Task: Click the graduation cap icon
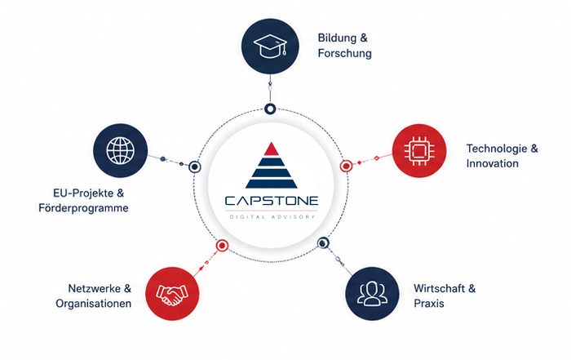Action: tap(270, 46)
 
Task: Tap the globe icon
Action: tap(120, 150)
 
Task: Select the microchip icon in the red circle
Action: tap(419, 150)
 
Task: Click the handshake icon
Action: tap(172, 294)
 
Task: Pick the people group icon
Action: tap(372, 293)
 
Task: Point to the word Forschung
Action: tap(345, 53)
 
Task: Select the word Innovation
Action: tap(493, 163)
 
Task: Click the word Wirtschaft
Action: tap(439, 289)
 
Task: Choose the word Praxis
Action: tap(428, 304)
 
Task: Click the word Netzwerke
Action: tap(95, 289)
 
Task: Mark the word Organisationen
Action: tap(93, 304)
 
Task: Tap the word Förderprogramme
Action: tap(83, 208)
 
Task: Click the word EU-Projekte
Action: tap(83, 193)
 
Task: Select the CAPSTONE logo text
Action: tap(272, 201)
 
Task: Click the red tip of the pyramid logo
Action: tap(272, 149)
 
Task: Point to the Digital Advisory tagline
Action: tap(272, 217)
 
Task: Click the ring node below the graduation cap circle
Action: tap(270, 109)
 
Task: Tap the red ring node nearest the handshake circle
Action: tap(222, 246)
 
